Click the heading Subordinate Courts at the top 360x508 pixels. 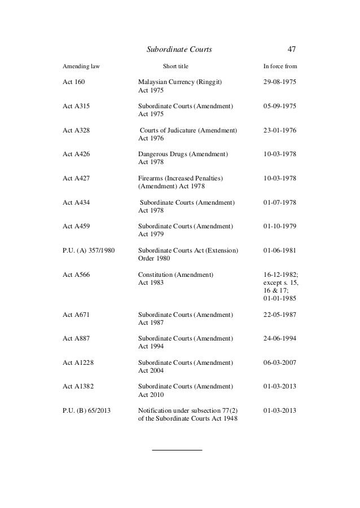point(179,50)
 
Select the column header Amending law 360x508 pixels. point(81,67)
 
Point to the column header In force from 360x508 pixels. point(280,67)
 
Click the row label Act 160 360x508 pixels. point(73,82)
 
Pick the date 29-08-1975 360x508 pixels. point(280,82)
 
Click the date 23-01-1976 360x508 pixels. point(280,130)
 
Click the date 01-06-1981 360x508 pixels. point(280,250)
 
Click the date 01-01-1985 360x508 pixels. point(280,298)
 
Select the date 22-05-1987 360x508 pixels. point(280,314)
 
